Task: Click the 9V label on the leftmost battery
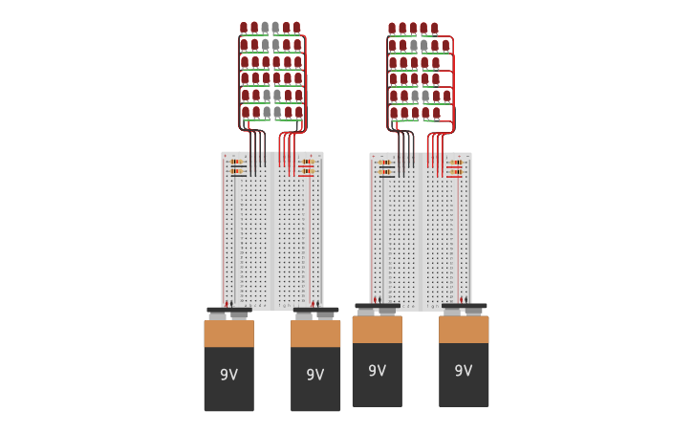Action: pyautogui.click(x=228, y=375)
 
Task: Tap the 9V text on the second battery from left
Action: pyautogui.click(x=315, y=375)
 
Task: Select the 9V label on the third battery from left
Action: pyautogui.click(x=378, y=371)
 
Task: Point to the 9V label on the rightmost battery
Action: pyautogui.click(x=464, y=371)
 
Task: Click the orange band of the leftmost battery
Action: pyautogui.click(x=228, y=334)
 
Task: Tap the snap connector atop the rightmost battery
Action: pyautogui.click(x=464, y=309)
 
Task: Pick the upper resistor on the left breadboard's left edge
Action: pyautogui.click(x=237, y=162)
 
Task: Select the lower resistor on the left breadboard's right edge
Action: pyautogui.click(x=306, y=172)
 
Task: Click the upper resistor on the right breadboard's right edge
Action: pyautogui.click(x=455, y=163)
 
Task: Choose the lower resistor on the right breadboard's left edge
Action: pyautogui.click(x=386, y=173)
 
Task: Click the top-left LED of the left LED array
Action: pyautogui.click(x=244, y=28)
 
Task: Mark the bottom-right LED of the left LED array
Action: pyautogui.click(x=298, y=113)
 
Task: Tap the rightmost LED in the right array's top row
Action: pyautogui.click(x=435, y=29)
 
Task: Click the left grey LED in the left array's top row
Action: pyautogui.click(x=265, y=28)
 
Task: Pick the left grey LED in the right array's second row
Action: pyautogui.click(x=413, y=45)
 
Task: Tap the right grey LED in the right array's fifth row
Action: pyautogui.click(x=425, y=96)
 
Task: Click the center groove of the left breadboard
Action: pyautogui.click(x=272, y=229)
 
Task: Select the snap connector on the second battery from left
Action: pyautogui.click(x=315, y=313)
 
